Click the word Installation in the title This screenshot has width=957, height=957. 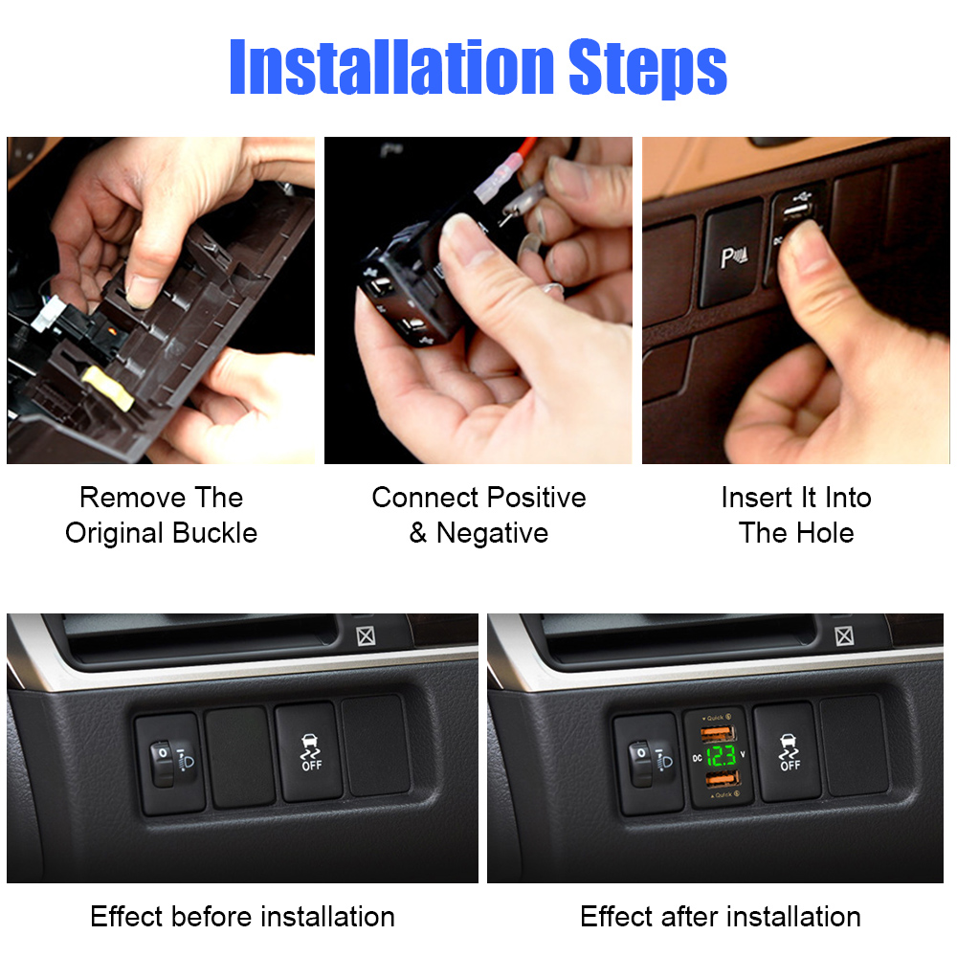[391, 66]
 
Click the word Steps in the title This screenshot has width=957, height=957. [648, 68]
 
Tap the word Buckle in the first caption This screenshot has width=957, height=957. [214, 533]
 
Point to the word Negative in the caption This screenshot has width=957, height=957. [492, 533]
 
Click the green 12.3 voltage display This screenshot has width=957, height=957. [722, 756]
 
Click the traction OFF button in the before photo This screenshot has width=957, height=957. [310, 752]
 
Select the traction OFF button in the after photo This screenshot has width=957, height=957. [789, 752]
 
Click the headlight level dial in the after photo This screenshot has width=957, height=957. [642, 764]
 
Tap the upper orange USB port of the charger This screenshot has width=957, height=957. [719, 732]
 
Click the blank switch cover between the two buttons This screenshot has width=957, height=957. [240, 757]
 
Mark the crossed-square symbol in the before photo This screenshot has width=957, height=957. [366, 636]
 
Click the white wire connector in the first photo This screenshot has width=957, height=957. [49, 313]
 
